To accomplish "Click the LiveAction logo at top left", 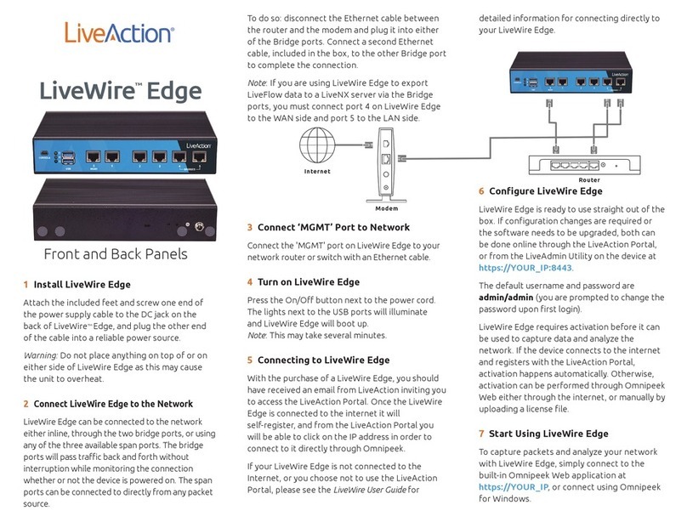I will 119,33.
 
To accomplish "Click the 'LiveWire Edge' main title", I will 121,92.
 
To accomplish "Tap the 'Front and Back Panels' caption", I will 116,253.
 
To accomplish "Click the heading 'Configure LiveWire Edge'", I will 546,191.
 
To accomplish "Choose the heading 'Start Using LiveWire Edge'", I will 549,433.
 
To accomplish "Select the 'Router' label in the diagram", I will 588,180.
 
